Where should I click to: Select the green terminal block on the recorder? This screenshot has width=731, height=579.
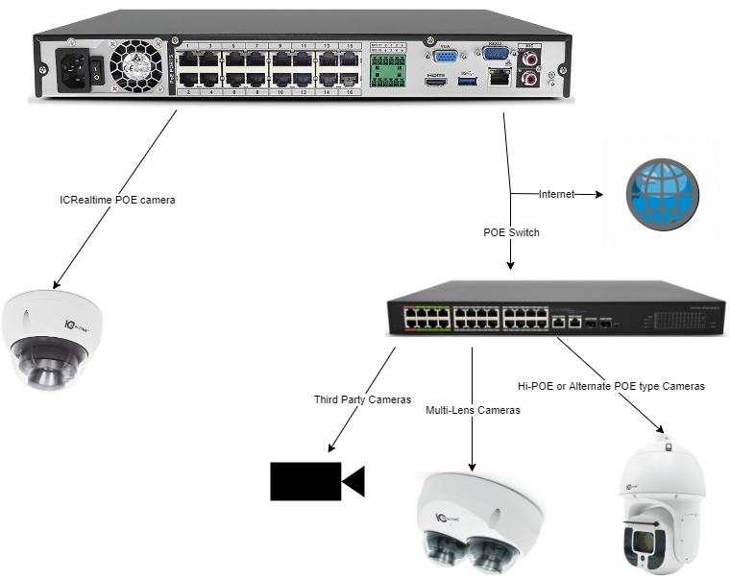coord(388,68)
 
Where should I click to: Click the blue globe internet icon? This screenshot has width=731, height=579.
coord(662,193)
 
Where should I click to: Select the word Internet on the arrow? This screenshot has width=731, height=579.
coord(555,194)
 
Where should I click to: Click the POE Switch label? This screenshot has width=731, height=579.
coord(510,232)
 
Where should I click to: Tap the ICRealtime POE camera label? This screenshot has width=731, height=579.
coord(118,201)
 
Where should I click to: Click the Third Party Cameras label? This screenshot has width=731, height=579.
coord(362,399)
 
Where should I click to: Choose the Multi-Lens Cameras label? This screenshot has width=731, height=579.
coord(473,410)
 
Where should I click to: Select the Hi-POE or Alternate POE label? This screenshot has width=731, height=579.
coord(611,386)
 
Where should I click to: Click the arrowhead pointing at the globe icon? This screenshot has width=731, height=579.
coord(597,194)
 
